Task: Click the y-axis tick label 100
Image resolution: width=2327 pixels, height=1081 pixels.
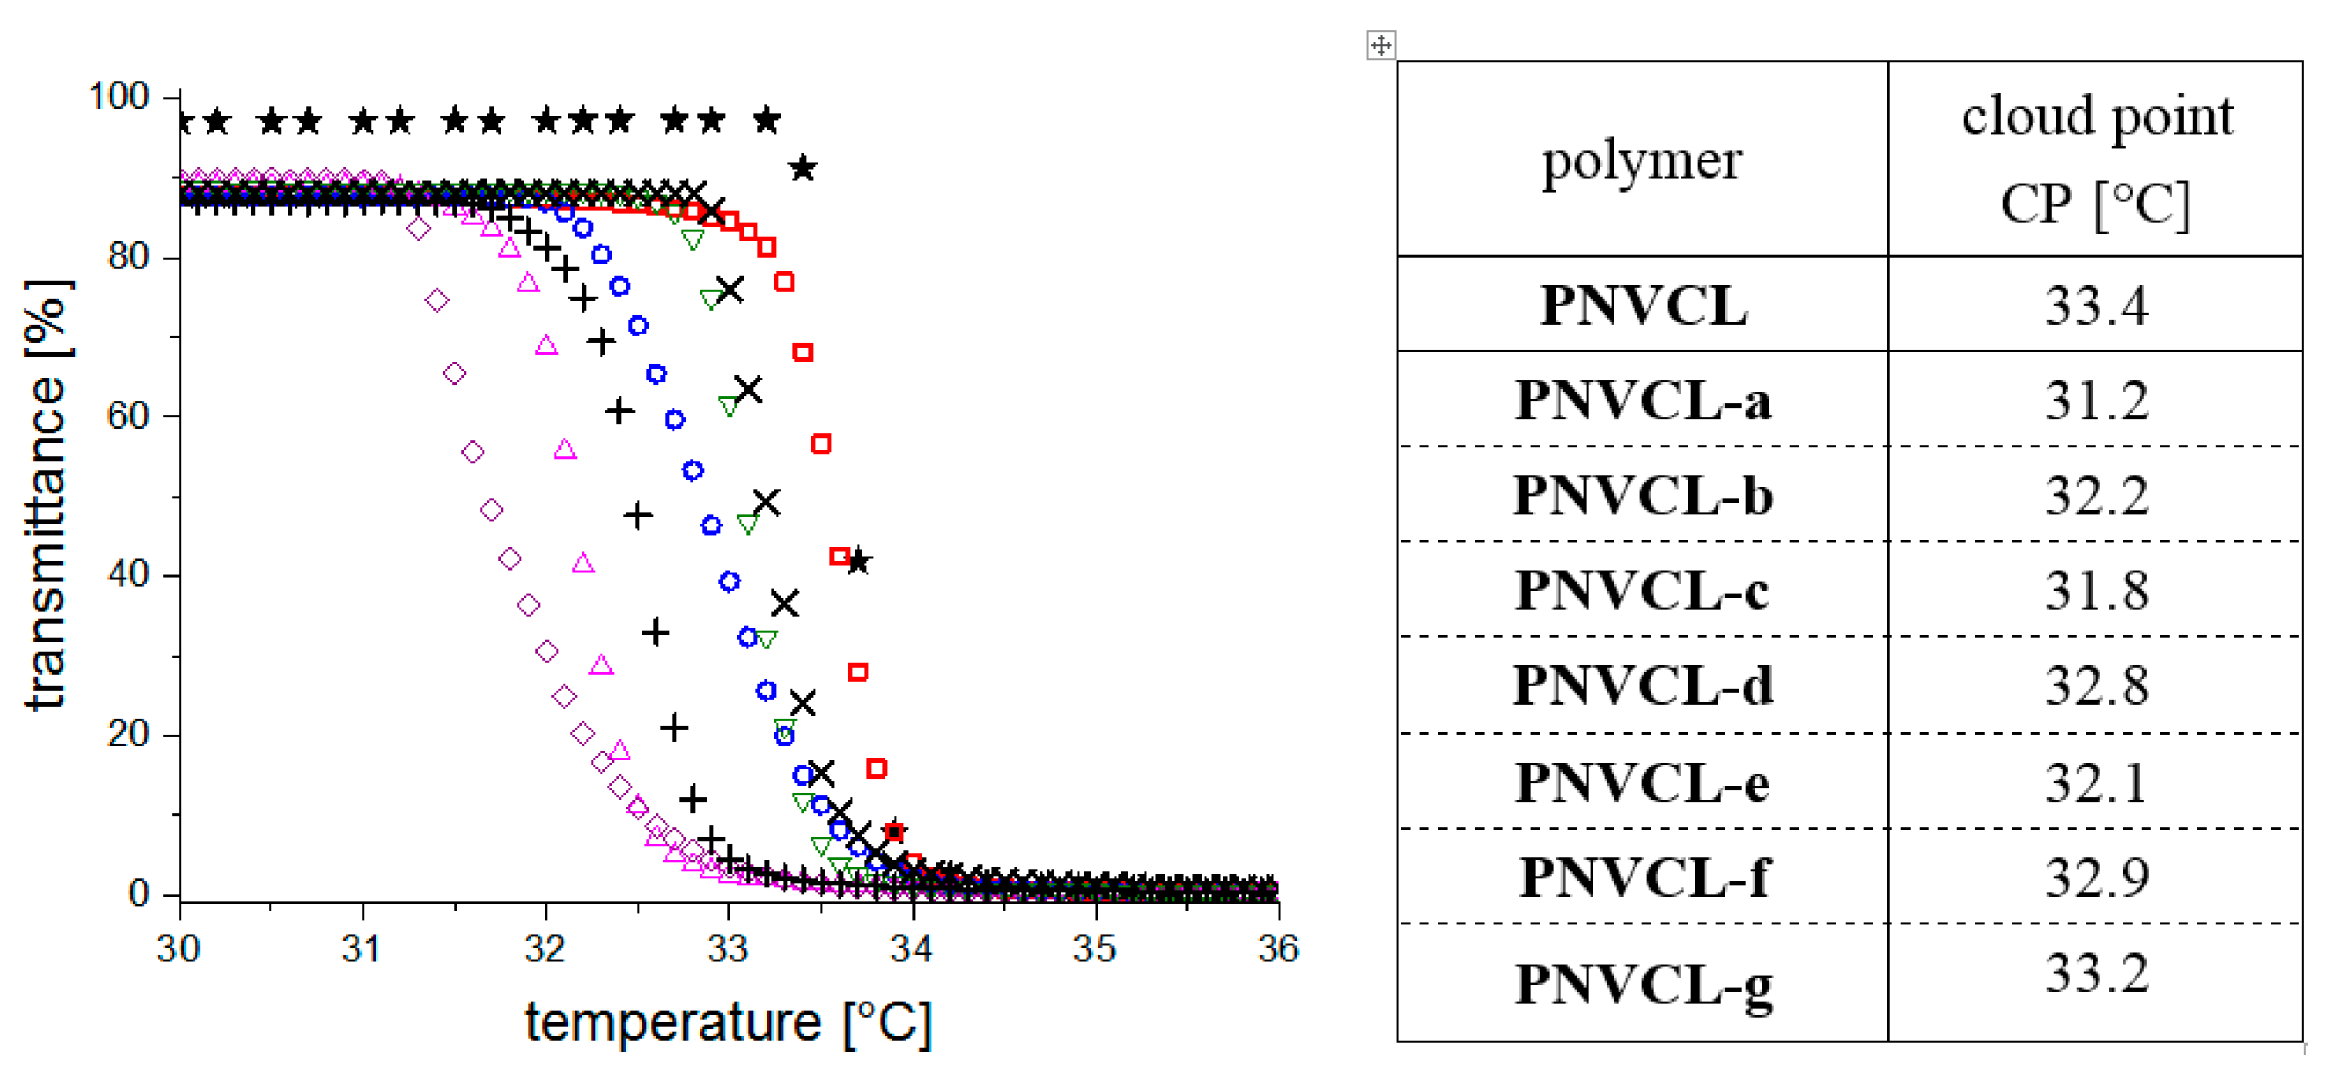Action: click(x=118, y=96)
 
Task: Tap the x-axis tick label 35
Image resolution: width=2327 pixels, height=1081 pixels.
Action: click(x=1094, y=948)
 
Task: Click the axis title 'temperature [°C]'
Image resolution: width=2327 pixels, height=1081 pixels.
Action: click(x=728, y=1022)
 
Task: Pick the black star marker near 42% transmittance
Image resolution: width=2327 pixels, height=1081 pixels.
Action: click(x=858, y=562)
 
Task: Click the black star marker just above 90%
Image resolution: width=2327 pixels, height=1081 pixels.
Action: click(x=803, y=168)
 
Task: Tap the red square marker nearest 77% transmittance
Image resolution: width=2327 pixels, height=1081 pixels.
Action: click(x=784, y=281)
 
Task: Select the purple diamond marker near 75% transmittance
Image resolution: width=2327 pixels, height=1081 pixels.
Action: click(x=437, y=300)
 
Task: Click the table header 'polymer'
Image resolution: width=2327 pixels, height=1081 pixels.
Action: click(x=1641, y=160)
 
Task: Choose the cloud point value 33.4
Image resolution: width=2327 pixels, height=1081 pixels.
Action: click(x=2096, y=305)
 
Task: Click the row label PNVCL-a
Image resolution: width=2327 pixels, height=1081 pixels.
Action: click(x=1641, y=400)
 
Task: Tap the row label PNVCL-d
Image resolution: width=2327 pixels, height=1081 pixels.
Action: click(x=1641, y=685)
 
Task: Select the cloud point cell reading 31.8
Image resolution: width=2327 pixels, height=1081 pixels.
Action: click(x=2096, y=591)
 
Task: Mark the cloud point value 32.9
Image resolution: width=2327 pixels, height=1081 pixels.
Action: click(x=2096, y=877)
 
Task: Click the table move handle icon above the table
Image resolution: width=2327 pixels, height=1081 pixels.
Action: click(x=1381, y=44)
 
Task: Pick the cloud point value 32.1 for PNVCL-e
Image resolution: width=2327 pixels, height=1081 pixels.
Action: click(x=2096, y=782)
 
